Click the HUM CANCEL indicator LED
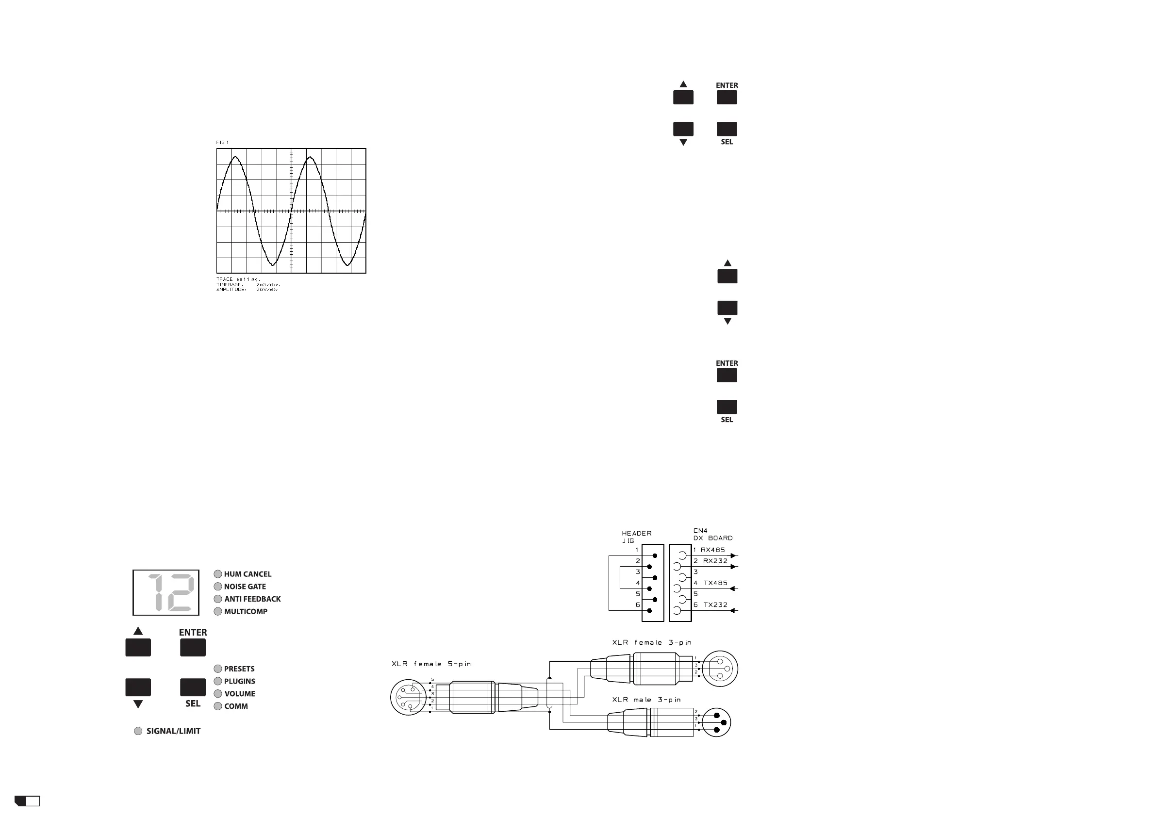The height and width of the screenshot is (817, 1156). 218,574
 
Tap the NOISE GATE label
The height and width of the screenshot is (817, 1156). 245,587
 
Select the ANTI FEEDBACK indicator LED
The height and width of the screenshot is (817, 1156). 218,599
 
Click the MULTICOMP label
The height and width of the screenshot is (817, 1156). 246,612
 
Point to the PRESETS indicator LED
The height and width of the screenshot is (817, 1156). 218,669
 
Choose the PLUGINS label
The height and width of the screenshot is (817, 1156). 240,682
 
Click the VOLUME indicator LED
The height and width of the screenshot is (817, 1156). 218,694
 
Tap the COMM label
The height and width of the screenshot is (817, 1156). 236,706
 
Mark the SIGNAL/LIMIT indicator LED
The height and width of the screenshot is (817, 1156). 138,732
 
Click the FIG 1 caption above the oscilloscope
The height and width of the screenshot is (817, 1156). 222,143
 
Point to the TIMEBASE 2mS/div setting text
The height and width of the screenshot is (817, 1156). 248,284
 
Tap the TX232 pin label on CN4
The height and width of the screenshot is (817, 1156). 715,605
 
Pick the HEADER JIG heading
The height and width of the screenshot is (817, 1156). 636,537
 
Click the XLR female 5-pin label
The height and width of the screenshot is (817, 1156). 431,664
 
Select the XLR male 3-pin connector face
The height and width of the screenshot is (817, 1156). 716,723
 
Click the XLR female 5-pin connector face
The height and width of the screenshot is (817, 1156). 405,697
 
